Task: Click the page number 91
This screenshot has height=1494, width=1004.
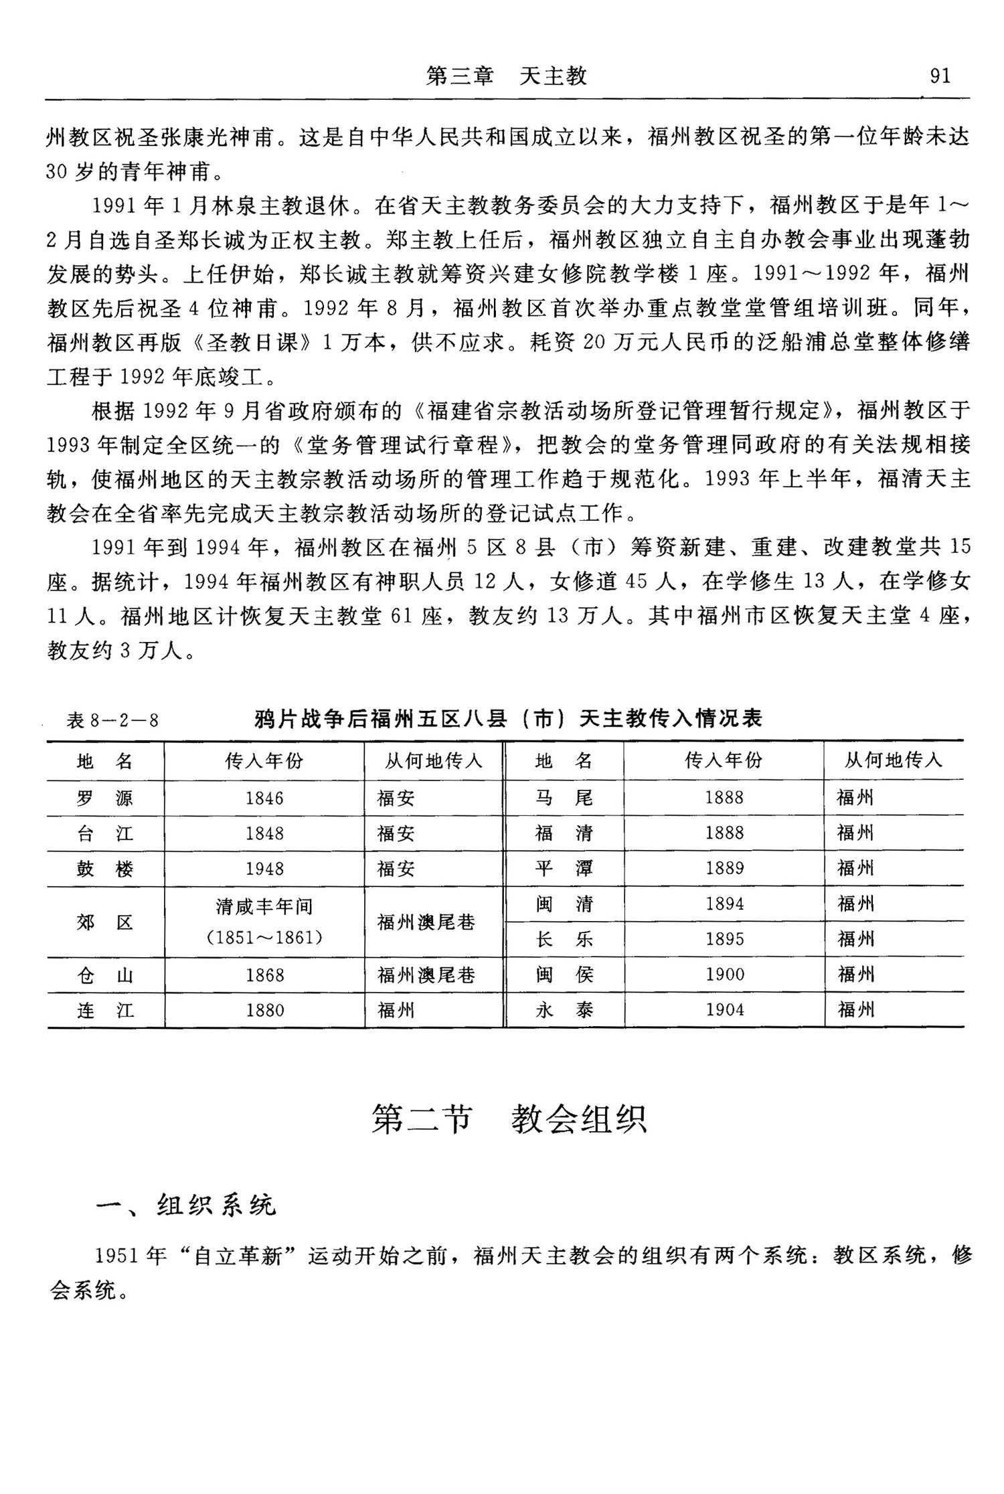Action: (x=940, y=76)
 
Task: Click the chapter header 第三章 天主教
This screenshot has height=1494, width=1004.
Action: (x=507, y=76)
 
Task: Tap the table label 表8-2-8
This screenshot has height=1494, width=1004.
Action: (x=112, y=720)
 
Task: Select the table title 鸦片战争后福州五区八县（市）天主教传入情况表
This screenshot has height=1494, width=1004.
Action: (x=508, y=719)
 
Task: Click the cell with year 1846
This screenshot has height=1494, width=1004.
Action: (x=264, y=798)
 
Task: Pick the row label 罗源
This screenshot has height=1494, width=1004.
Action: (x=105, y=798)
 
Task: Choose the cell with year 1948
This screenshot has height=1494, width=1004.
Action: (x=264, y=869)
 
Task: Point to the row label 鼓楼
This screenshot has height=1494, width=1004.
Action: (x=105, y=869)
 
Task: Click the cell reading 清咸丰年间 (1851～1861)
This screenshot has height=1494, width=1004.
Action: (x=264, y=922)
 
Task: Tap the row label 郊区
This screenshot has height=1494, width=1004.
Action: (x=105, y=922)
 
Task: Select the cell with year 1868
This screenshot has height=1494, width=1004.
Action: (x=264, y=975)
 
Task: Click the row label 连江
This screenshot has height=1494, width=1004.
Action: (x=105, y=1010)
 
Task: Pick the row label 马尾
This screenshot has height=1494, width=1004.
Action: (x=564, y=797)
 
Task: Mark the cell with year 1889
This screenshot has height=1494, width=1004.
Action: (x=724, y=868)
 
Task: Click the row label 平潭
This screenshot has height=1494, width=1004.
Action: (x=564, y=868)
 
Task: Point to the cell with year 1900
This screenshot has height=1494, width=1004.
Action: (x=724, y=974)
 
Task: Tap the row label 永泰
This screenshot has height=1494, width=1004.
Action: (x=564, y=1009)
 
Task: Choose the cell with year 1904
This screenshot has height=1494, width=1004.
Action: (x=724, y=1009)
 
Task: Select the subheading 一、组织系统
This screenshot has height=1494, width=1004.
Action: (x=185, y=1205)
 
